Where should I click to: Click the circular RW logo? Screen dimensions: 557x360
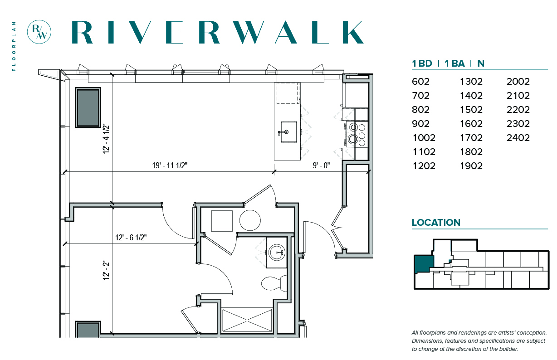(x=39, y=32)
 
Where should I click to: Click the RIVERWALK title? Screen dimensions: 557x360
(x=218, y=32)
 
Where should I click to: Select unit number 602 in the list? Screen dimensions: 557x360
(x=420, y=82)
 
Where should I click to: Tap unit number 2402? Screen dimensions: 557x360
(x=518, y=138)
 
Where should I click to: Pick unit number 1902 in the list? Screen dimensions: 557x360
(x=471, y=166)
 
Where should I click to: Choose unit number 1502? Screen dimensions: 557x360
(x=471, y=110)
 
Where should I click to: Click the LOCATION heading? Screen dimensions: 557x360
(x=436, y=223)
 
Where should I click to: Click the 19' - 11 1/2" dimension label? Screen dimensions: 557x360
(x=170, y=165)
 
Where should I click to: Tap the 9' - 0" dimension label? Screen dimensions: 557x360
(x=321, y=165)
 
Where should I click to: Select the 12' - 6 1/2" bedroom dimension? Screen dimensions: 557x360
(x=131, y=238)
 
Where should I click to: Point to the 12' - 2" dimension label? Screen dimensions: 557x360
(x=106, y=271)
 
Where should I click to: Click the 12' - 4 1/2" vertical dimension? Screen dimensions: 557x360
(x=106, y=139)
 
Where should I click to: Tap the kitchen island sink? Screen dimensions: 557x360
(x=288, y=132)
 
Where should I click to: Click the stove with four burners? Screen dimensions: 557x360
(x=357, y=135)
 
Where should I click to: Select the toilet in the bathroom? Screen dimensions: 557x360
(x=274, y=283)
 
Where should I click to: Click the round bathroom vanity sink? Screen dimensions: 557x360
(x=277, y=253)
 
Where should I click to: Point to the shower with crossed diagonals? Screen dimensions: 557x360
(x=247, y=320)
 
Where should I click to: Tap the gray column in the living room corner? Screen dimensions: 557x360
(x=88, y=107)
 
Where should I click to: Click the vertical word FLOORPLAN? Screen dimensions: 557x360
(x=14, y=46)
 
